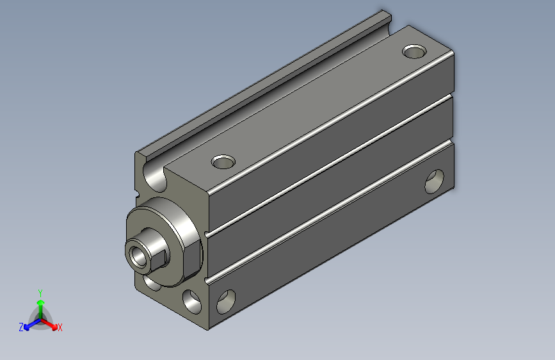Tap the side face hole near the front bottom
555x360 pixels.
226,301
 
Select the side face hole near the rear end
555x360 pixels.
435,181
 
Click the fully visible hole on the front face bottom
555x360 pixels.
191,299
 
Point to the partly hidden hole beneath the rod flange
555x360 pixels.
150,282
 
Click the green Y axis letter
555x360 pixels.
40,291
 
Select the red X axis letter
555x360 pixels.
60,327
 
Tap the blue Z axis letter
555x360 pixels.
21,327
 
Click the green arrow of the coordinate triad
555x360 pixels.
40,304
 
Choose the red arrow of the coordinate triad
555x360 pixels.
51,323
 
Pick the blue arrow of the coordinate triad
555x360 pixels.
29,324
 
